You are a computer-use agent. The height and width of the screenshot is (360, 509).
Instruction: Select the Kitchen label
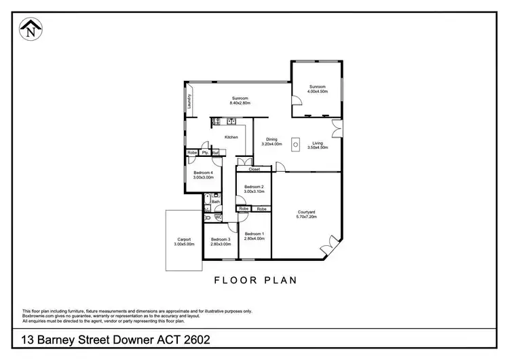(x=231, y=137)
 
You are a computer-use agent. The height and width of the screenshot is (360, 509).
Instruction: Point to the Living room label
(x=318, y=143)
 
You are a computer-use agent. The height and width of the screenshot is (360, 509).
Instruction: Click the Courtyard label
(x=306, y=213)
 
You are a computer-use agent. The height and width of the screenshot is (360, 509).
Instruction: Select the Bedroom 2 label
(x=254, y=186)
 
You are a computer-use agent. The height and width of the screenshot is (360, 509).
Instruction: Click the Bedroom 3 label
(x=221, y=239)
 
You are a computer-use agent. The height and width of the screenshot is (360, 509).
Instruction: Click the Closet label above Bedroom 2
(x=254, y=168)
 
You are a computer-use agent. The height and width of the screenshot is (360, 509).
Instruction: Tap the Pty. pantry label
(x=204, y=153)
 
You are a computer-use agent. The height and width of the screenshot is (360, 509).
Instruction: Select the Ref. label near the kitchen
(x=215, y=153)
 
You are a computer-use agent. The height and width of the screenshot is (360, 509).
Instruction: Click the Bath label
(x=216, y=201)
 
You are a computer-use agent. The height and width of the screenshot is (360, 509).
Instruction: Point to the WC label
(x=218, y=217)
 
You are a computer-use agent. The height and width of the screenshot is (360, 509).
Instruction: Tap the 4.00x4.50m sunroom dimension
(x=318, y=91)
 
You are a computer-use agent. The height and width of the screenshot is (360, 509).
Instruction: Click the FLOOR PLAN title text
(x=255, y=279)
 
